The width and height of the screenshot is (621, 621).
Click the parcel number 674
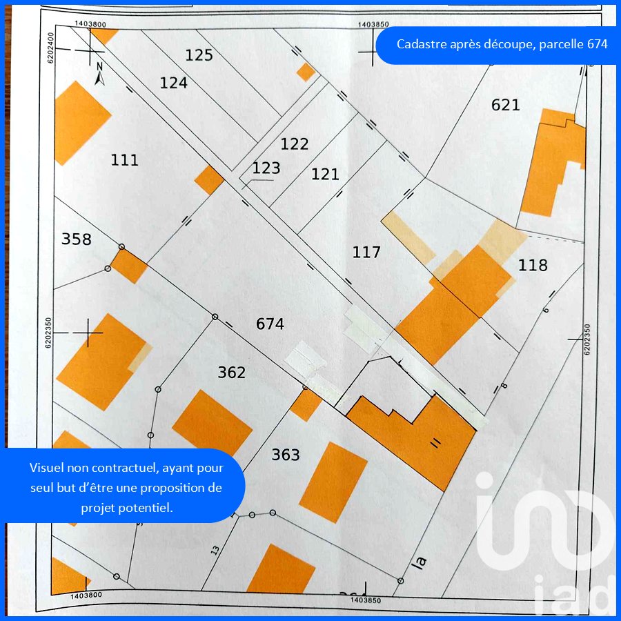270,324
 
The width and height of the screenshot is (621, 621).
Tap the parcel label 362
232,373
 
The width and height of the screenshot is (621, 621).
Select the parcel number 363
286,455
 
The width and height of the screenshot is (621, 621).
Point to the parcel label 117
366,253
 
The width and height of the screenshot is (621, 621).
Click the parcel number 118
533,265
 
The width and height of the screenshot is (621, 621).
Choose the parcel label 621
506,105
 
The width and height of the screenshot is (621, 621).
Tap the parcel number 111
124,160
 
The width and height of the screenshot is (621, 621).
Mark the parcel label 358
76,239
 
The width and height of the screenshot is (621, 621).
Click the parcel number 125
199,55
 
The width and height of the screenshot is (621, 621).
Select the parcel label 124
173,83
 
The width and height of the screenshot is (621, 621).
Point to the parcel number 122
295,144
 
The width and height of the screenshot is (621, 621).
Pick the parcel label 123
266,168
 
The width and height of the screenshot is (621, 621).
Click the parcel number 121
325,174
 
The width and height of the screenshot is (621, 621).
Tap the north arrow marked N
99,73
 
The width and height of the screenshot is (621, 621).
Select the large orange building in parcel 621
552,162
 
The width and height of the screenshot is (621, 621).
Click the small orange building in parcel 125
306,72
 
